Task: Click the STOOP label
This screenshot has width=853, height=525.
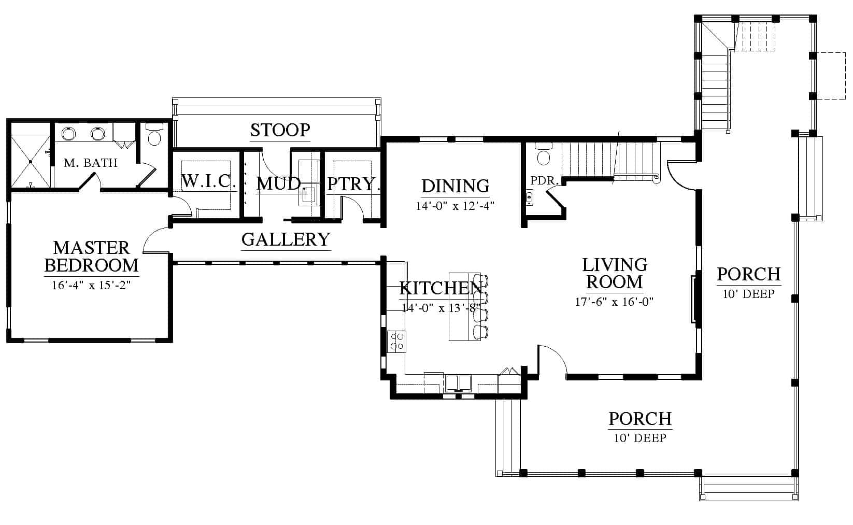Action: pos(280,130)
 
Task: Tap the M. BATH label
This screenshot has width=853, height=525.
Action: pos(91,163)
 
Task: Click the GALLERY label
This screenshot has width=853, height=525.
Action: pos(286,239)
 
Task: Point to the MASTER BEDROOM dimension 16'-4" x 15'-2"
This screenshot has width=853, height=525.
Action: pos(91,285)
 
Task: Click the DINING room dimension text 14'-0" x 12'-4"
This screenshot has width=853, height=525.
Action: pos(455,206)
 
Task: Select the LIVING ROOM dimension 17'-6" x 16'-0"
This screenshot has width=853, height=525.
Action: pos(614,302)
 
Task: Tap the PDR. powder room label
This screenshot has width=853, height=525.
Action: pos(544,180)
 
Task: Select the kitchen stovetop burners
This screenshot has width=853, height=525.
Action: pos(396,342)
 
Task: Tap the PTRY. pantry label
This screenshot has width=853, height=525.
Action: pos(353,184)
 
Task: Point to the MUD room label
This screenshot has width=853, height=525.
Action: pos(278,184)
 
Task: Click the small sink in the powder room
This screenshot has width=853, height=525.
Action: pos(529,198)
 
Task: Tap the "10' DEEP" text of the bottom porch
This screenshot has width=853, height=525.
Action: pos(639,438)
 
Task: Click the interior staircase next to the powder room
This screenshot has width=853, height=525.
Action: pos(611,160)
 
